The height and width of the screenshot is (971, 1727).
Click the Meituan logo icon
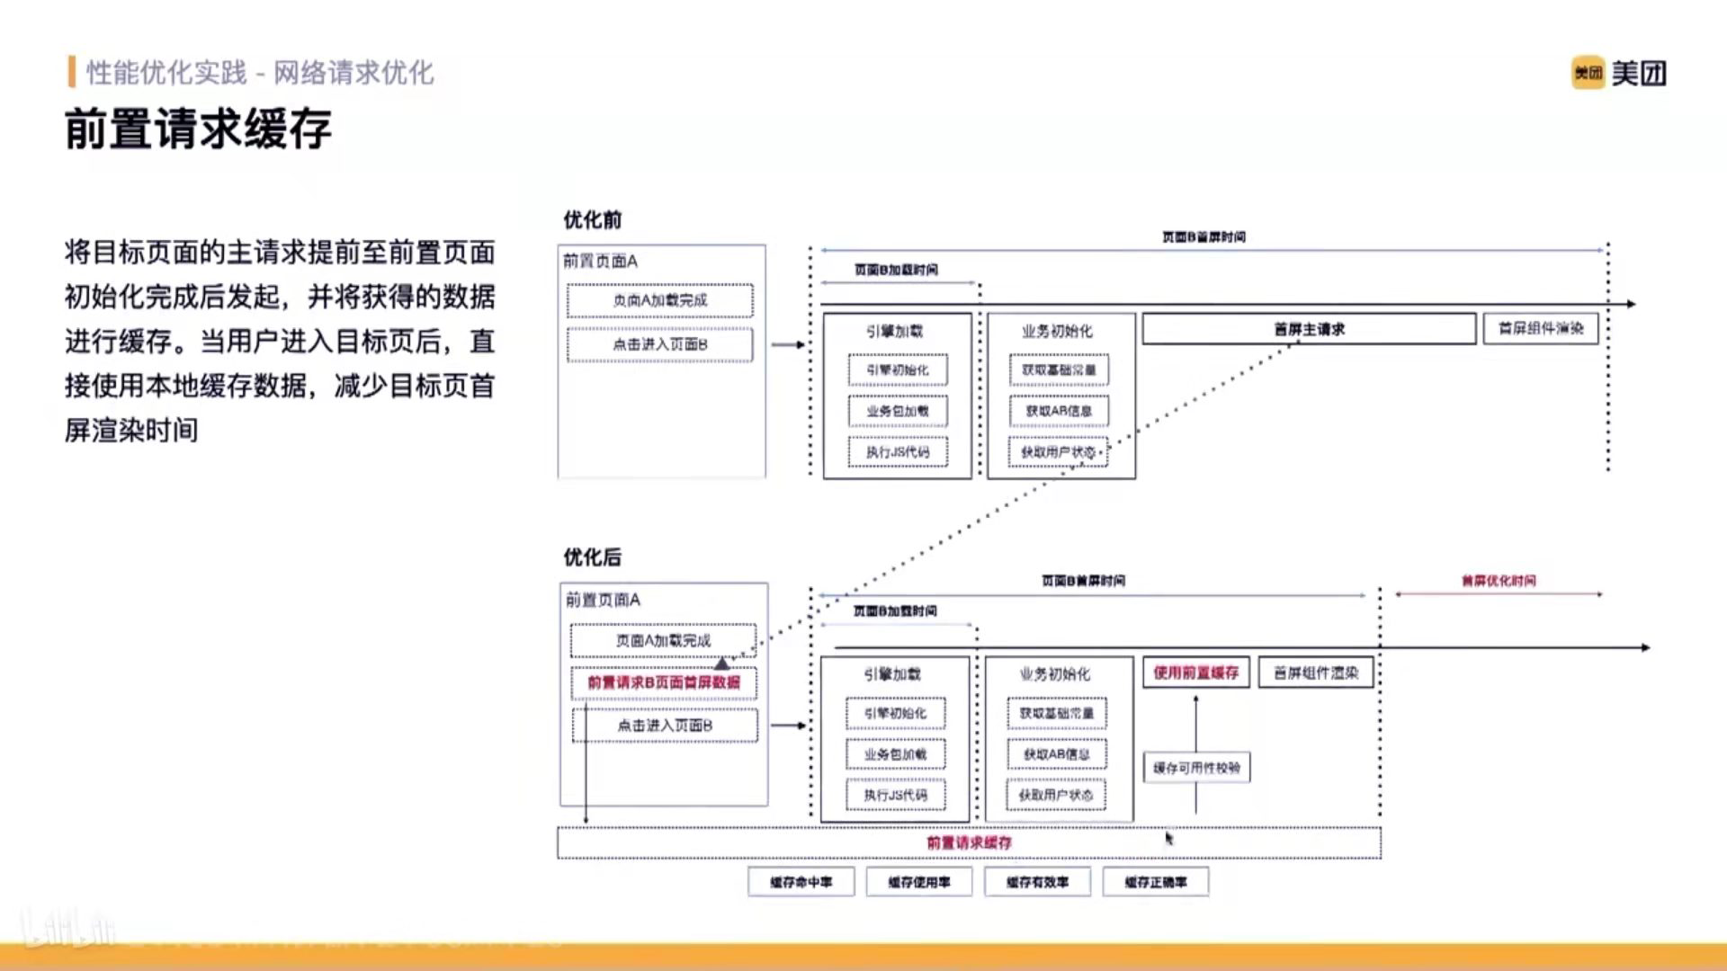1588,73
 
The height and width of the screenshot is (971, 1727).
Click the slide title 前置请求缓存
198,129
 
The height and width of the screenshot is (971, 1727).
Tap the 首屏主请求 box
1309,329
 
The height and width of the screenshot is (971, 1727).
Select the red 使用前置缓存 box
1195,673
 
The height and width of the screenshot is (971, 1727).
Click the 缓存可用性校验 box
1196,768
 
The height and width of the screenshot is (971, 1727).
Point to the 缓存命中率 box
801,882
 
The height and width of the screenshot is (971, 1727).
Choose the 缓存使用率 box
918,882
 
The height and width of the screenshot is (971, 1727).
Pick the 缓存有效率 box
1037,882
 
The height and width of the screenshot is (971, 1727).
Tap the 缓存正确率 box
1155,882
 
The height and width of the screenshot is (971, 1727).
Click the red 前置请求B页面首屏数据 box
664,682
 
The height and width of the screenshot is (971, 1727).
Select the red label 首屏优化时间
1499,581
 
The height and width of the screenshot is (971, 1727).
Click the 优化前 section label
592,220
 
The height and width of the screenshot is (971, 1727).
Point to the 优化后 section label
592,557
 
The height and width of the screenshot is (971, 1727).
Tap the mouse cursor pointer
1168,838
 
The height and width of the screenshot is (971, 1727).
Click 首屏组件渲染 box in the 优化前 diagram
1541,329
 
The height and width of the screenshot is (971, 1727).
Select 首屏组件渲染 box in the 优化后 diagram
1316,673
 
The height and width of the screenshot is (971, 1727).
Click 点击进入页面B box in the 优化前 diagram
660,344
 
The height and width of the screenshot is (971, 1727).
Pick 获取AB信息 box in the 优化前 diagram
1059,411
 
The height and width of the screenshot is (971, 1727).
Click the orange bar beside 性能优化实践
71,72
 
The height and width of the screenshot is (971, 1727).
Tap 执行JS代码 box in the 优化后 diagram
895,795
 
